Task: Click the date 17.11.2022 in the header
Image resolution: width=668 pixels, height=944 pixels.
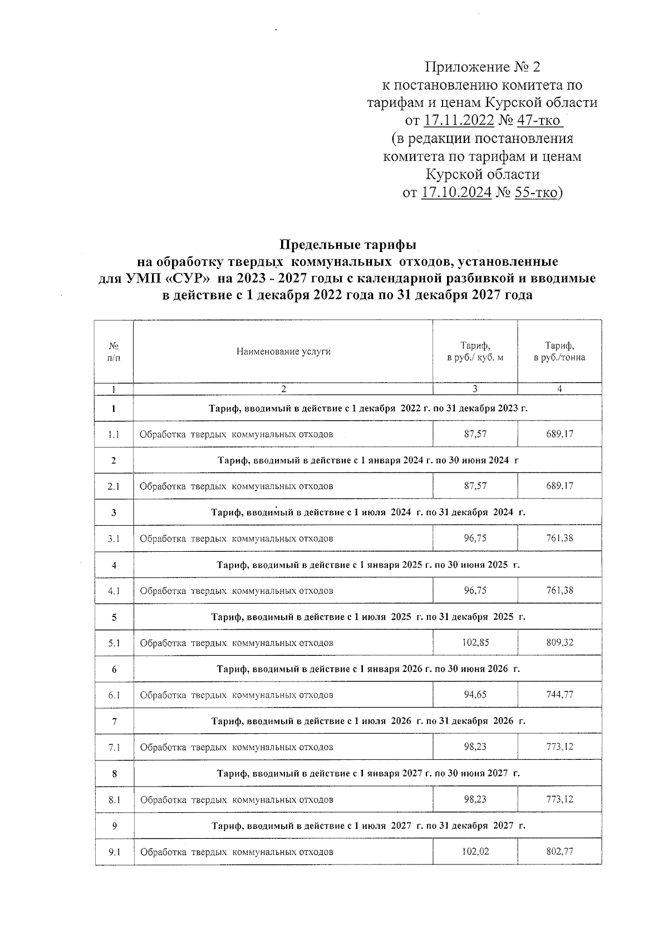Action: tap(459, 121)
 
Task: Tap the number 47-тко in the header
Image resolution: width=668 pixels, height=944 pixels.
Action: tap(540, 121)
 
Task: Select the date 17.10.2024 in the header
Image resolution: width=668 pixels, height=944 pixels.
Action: tap(456, 193)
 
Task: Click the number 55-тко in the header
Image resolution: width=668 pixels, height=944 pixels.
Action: tap(536, 193)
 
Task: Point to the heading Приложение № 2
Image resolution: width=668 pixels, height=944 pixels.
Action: tap(483, 67)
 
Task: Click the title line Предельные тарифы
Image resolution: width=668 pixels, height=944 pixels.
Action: tap(347, 244)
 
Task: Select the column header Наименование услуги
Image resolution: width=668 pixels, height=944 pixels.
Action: tap(283, 352)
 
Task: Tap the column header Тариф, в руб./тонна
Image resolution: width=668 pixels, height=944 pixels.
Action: tap(559, 352)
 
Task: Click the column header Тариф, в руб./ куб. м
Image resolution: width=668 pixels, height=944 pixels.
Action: tap(475, 352)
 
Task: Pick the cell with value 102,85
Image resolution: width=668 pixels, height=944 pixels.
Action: tap(475, 642)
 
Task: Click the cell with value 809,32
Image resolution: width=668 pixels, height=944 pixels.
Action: tap(559, 642)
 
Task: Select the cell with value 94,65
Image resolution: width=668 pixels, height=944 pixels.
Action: tap(475, 695)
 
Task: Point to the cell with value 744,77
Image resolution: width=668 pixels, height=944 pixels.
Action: tap(559, 695)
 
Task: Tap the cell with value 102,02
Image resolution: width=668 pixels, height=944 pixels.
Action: tap(475, 852)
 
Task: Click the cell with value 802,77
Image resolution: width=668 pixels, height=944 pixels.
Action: tap(559, 852)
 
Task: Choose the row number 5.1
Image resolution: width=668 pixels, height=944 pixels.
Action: tap(114, 643)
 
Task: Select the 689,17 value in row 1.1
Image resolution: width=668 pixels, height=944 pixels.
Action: tap(559, 434)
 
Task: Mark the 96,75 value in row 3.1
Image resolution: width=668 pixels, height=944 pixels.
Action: tap(475, 538)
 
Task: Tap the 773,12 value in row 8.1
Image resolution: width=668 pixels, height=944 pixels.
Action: tap(559, 799)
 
